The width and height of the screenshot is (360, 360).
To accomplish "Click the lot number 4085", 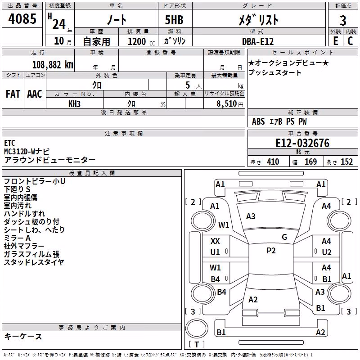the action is click(22, 18).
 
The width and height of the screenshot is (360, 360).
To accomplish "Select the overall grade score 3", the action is click(343, 21).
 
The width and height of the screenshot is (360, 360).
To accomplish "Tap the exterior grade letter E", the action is click(336, 41).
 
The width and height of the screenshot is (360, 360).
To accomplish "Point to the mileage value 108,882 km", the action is click(53, 65).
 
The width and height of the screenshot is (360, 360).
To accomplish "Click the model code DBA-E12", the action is click(258, 41).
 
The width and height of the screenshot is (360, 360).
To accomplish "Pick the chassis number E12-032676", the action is click(302, 143).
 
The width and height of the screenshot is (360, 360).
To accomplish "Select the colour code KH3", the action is click(74, 104).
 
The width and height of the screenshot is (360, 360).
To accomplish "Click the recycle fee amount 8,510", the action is click(226, 103).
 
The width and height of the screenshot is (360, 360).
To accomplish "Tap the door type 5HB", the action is click(174, 20).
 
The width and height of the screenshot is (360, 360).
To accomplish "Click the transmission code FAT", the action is click(13, 94).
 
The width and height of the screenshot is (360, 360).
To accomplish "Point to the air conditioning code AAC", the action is click(35, 94).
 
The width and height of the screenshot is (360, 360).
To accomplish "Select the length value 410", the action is click(273, 162).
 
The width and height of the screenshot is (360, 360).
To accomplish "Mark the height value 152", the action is click(346, 162).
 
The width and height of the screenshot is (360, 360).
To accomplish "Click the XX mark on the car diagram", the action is click(215, 241).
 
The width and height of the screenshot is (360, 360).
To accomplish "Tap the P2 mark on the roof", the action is click(271, 251).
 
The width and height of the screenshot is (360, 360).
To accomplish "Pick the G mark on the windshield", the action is click(284, 237).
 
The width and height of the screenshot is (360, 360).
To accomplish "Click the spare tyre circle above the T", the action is click(197, 329).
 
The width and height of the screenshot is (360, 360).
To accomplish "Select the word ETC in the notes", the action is click(9, 143).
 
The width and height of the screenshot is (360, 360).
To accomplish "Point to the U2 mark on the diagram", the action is click(327, 252).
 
